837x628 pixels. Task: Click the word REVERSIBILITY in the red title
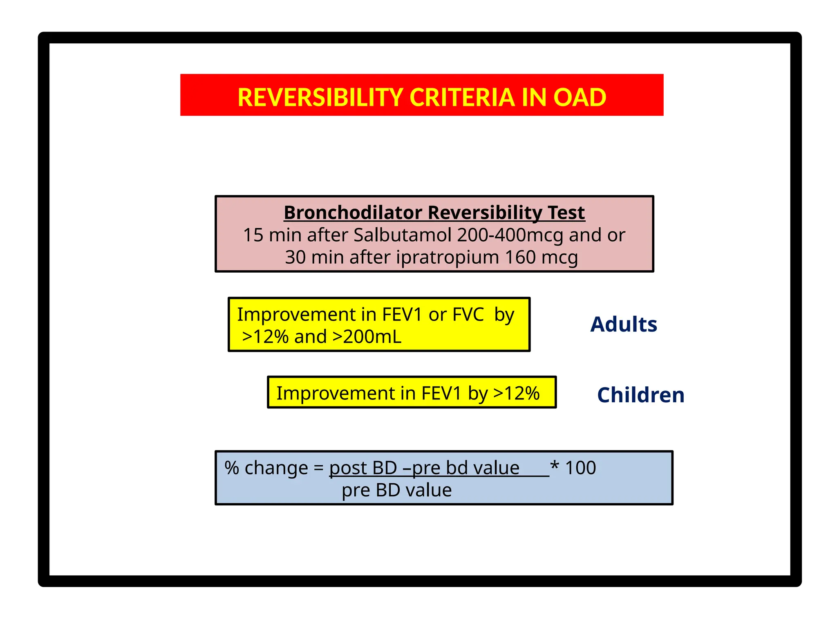coord(320,98)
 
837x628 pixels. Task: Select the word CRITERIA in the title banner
coord(462,98)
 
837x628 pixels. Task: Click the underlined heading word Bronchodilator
coord(353,213)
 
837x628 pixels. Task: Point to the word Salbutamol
coord(403,235)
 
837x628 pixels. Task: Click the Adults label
coord(624,325)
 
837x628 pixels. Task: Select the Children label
coord(640,395)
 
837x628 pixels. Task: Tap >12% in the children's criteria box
coord(517,393)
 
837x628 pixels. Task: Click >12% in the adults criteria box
coord(265,337)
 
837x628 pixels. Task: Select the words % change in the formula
coord(266,468)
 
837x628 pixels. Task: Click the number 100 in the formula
coord(580,468)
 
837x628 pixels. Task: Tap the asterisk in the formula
coord(555,465)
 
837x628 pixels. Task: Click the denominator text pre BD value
coord(396,490)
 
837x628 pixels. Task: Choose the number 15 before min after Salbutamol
coord(253,235)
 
